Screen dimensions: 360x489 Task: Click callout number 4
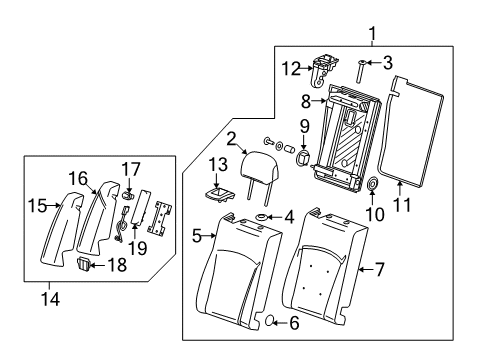pyautogui.click(x=290, y=243)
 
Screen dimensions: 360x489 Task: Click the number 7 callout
pyautogui.click(x=378, y=268)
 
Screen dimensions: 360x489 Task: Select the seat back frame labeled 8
pyautogui.click(x=350, y=135)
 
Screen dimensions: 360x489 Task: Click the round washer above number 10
pyautogui.click(x=371, y=184)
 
